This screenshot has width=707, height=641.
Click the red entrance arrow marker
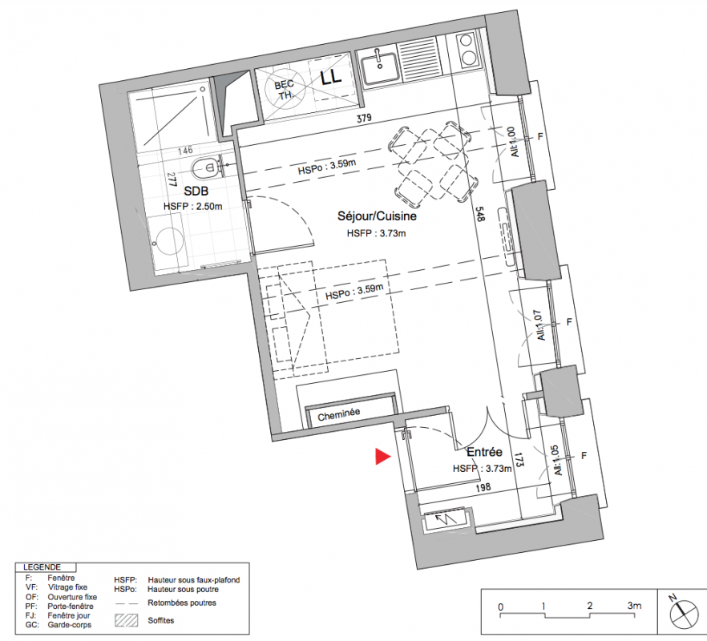pyautogui.click(x=382, y=456)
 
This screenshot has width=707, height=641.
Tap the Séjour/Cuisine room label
pyautogui.click(x=377, y=216)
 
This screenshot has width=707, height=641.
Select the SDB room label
pyautogui.click(x=196, y=191)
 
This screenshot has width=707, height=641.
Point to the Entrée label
pyautogui.click(x=484, y=452)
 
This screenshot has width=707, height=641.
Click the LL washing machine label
pyautogui.click(x=331, y=78)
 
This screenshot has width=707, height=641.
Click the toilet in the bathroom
pyautogui.click(x=206, y=168)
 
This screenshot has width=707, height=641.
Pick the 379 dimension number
pyautogui.click(x=364, y=118)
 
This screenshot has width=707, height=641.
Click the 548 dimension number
pyautogui.click(x=479, y=214)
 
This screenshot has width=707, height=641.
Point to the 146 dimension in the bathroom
pyautogui.click(x=185, y=151)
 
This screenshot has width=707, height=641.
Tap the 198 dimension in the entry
pyautogui.click(x=483, y=487)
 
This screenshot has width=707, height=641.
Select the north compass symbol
pyautogui.click(x=684, y=613)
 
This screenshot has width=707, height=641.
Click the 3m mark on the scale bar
pyautogui.click(x=634, y=606)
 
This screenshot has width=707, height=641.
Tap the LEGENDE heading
pyautogui.click(x=42, y=567)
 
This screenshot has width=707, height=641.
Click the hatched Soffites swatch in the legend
pyautogui.click(x=127, y=620)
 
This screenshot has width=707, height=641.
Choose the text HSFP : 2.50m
pyautogui.click(x=193, y=207)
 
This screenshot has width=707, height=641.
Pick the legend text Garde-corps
pyautogui.click(x=70, y=625)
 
